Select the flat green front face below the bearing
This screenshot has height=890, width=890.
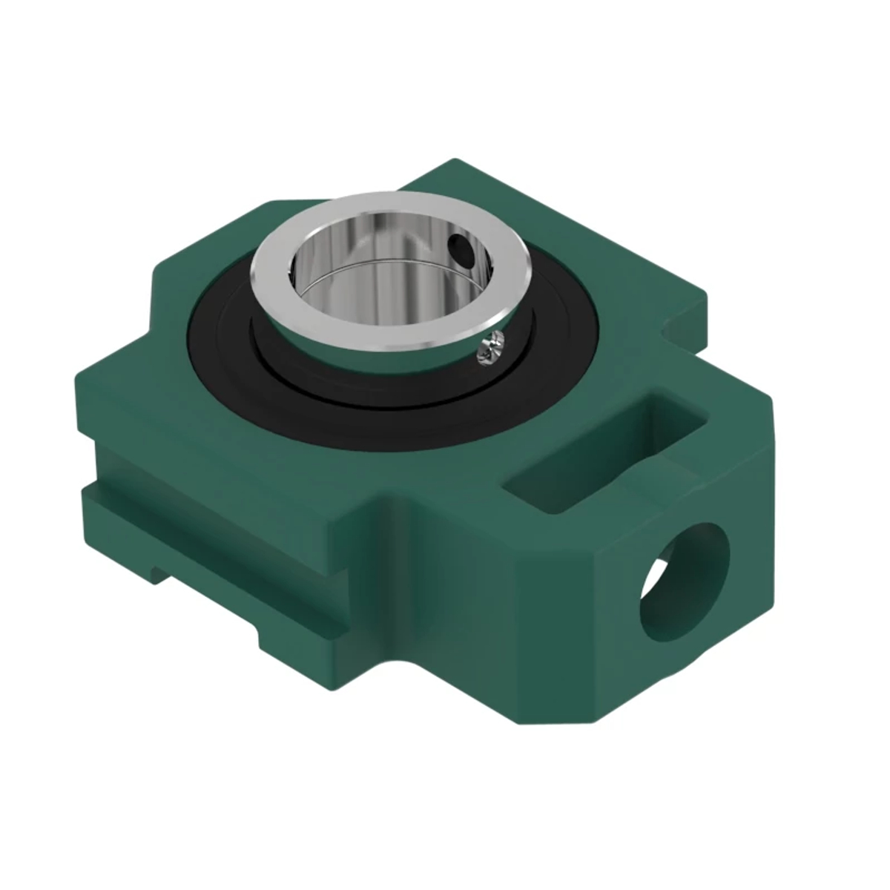pyautogui.click(x=460, y=593)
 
